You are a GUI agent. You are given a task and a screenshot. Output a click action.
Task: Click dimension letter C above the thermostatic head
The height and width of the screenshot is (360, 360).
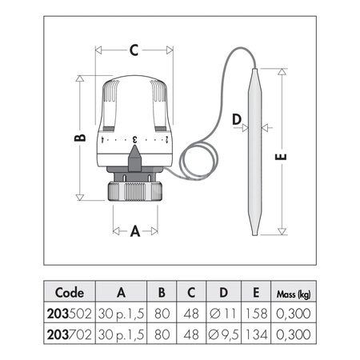[134, 50]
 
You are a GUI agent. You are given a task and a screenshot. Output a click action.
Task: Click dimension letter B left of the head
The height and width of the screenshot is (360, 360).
[80, 138]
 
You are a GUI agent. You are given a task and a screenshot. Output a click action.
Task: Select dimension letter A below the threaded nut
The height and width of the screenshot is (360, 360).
[135, 231]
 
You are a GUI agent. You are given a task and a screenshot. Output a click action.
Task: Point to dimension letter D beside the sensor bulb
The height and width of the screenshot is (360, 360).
[237, 119]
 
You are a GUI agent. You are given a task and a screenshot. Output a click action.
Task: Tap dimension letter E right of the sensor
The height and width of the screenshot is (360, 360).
[281, 157]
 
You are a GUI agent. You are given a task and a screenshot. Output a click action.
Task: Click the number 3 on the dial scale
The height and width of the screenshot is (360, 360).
[135, 139]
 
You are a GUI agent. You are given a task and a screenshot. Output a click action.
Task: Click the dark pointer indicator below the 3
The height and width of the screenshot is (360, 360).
[134, 158]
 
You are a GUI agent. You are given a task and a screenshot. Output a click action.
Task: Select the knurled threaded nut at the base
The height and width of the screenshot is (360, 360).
[135, 191]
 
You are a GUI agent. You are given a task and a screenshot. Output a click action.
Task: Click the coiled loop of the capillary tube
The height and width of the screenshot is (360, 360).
[198, 159]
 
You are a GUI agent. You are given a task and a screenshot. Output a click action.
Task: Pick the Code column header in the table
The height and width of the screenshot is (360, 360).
[70, 293]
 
